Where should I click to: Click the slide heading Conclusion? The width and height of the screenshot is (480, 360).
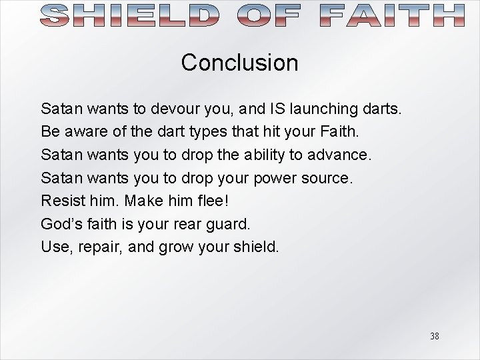239,63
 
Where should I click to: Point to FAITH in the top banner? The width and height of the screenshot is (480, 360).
391,15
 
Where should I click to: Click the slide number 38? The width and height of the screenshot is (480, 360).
434,336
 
